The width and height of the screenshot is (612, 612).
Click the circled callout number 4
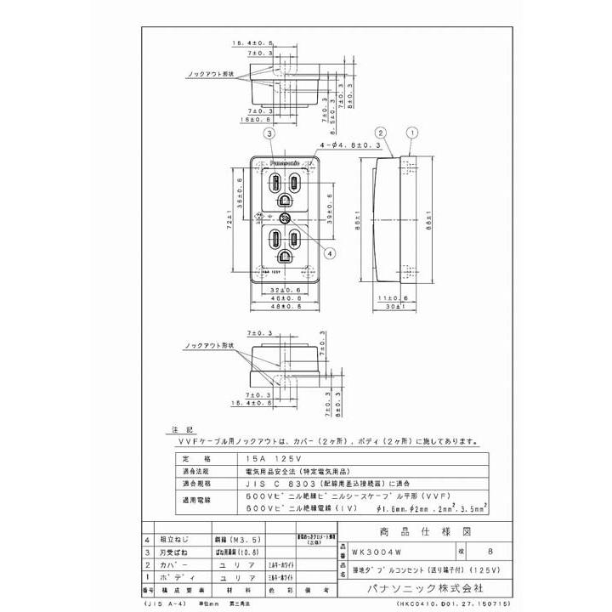328,253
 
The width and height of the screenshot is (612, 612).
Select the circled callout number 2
382,133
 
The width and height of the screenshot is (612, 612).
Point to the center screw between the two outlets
286,218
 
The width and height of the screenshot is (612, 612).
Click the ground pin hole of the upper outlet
285,201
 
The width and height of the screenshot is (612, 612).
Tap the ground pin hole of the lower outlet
285,257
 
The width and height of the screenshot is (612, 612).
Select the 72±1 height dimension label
229,219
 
